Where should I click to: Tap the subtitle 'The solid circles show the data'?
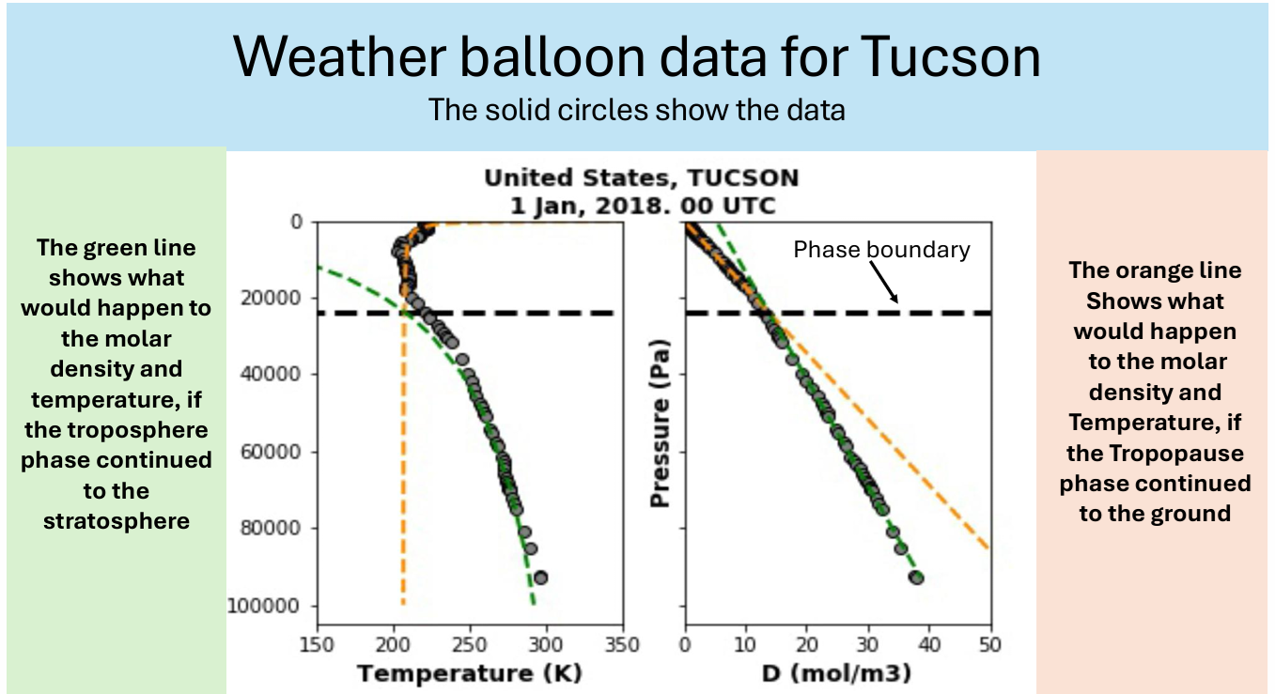click(637, 110)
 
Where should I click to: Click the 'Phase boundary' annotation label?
click(881, 249)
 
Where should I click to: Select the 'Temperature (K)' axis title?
click(470, 673)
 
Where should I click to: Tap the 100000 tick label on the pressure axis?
click(267, 606)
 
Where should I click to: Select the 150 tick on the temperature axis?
click(318, 645)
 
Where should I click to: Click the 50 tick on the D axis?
click(990, 645)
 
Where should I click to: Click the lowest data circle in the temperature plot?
click(540, 578)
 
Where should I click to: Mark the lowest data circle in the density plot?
click(917, 578)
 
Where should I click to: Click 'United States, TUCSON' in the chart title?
click(641, 177)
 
